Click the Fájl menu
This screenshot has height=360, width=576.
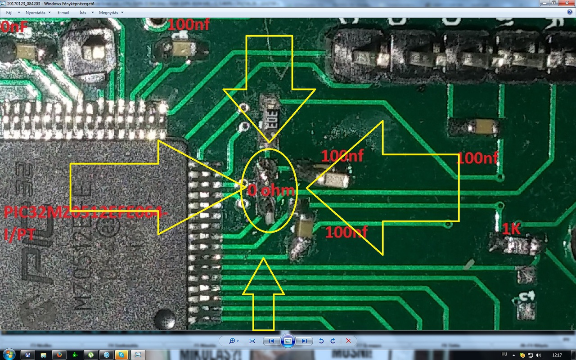click(9, 13)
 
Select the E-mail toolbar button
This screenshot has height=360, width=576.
click(63, 13)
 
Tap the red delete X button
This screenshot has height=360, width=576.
click(348, 341)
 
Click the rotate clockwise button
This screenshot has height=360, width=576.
click(333, 341)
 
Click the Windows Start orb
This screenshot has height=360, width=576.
click(9, 354)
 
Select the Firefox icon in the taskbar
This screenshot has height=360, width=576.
click(59, 355)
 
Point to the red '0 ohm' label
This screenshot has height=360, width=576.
click(271, 190)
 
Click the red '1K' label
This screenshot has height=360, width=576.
click(511, 229)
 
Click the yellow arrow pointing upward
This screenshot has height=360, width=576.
click(264, 292)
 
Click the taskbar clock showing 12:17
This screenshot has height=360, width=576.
click(558, 355)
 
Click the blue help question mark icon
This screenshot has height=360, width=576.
click(570, 13)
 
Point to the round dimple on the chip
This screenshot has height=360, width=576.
click(165, 318)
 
